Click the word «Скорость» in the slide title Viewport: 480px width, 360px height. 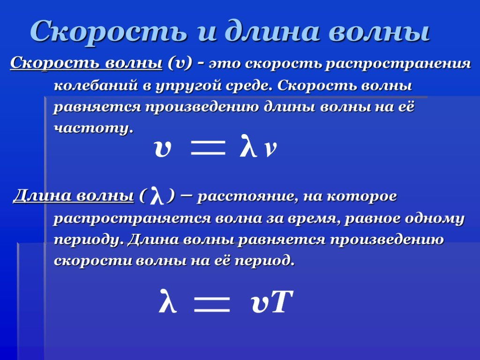[x=109, y=30]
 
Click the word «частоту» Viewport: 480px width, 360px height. [x=94, y=128]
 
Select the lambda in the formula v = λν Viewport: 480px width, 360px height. [x=248, y=146]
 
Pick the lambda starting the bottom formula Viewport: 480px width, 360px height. [x=168, y=301]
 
